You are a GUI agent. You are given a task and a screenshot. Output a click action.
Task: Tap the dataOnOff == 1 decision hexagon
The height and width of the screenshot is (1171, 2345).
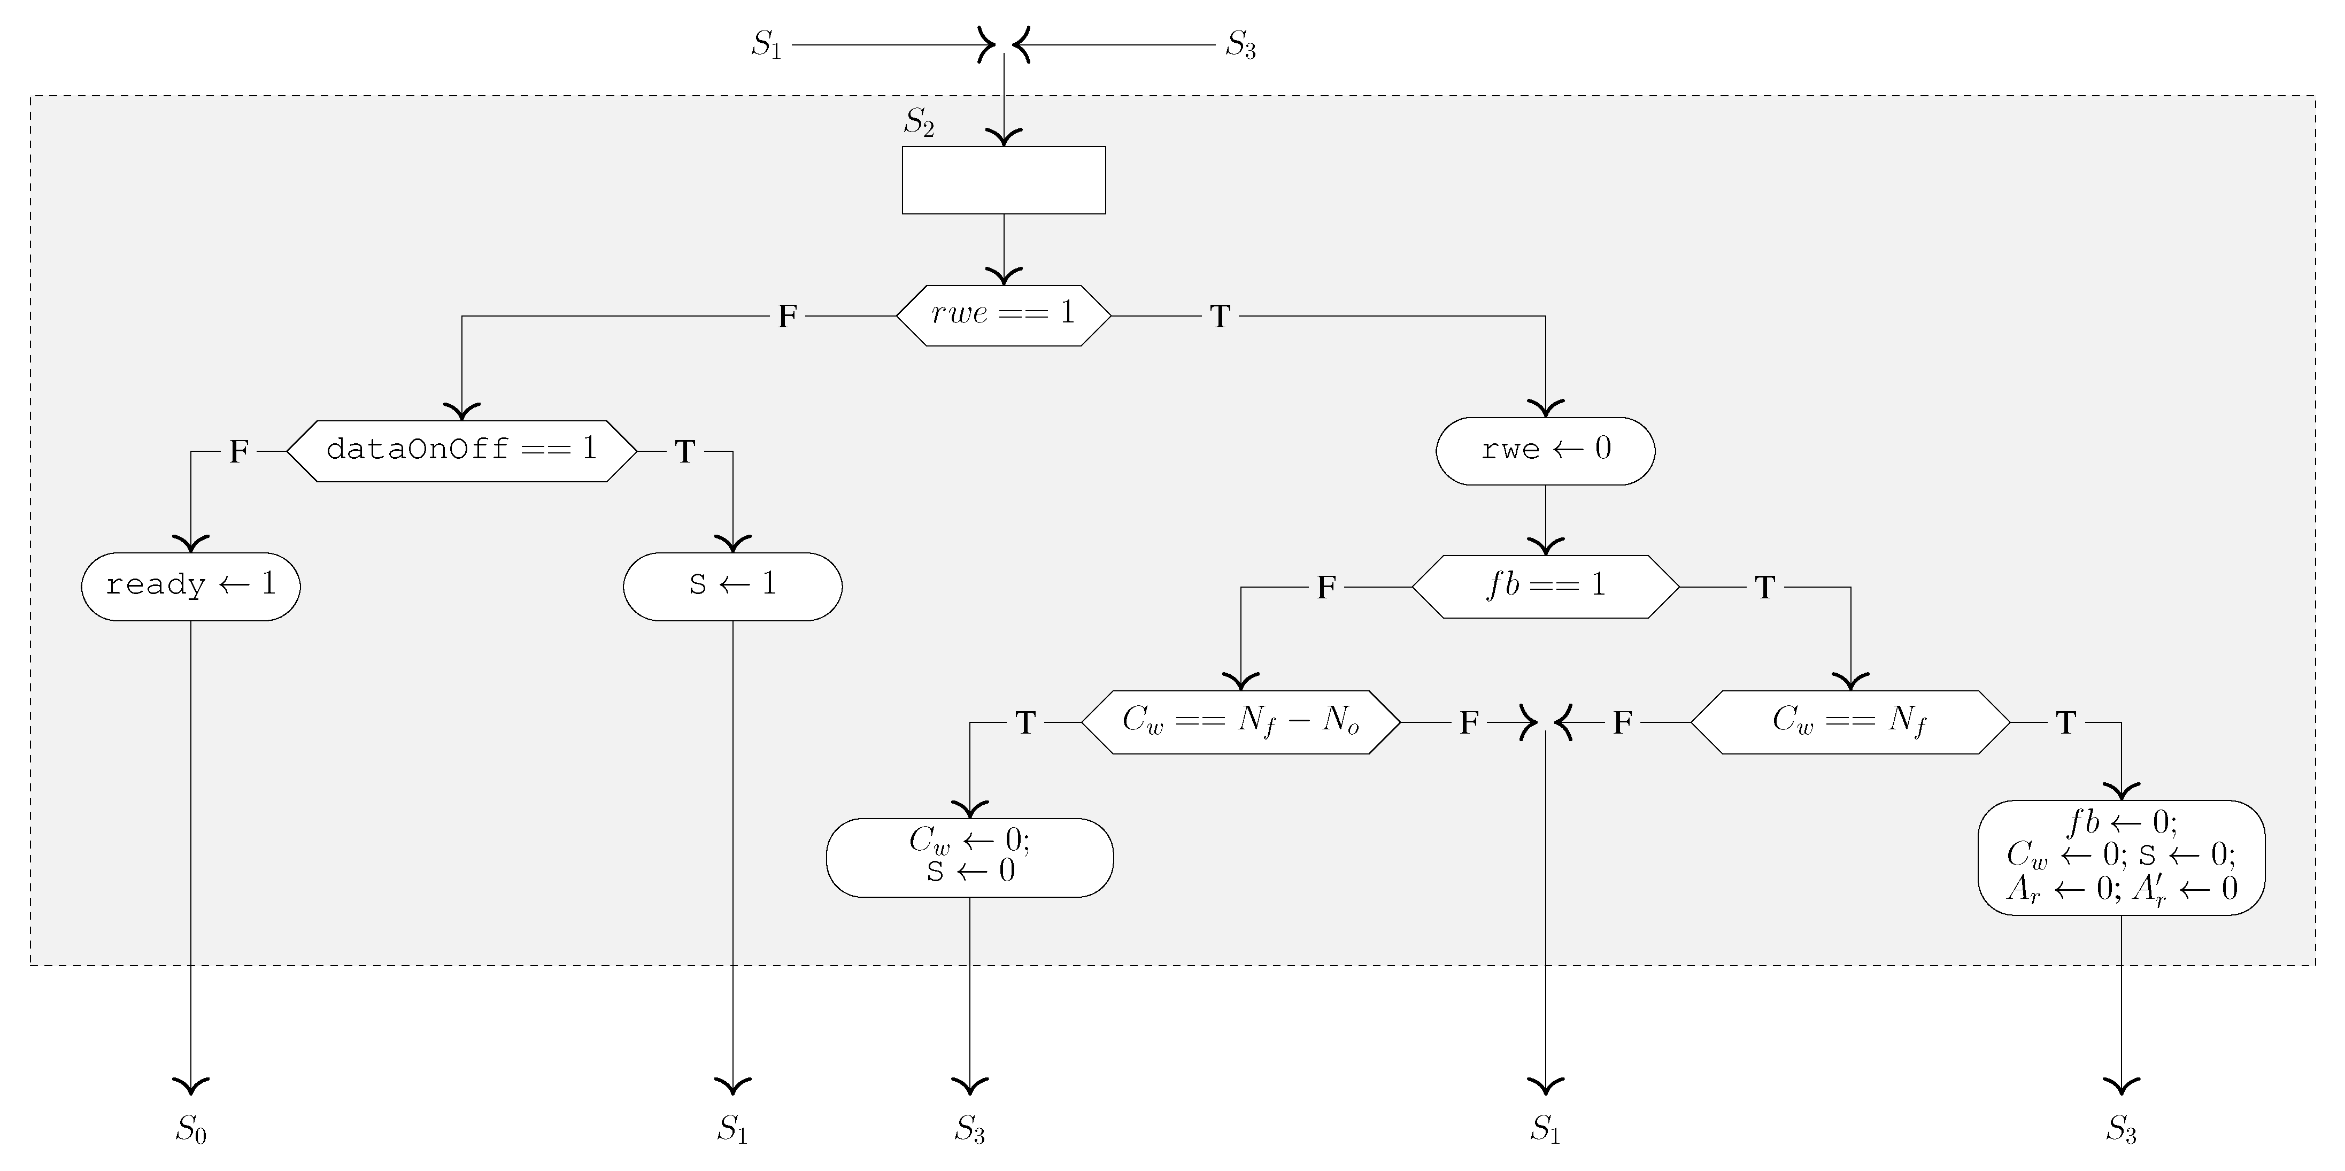coord(461,451)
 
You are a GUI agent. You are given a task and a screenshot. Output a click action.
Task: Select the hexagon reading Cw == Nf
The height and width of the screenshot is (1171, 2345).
coord(1850,722)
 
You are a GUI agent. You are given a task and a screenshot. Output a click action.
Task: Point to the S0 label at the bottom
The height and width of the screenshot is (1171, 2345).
coord(191,1129)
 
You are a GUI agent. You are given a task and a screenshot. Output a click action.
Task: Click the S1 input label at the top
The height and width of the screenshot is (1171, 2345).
coord(767,44)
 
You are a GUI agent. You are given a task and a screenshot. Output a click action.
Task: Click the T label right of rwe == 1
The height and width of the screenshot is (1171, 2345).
coord(1220,317)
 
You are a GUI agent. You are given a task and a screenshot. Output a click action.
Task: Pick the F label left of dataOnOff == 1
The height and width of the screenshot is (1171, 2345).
coord(238,452)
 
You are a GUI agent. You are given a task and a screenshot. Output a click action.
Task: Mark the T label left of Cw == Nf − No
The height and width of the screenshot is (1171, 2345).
coord(1026,723)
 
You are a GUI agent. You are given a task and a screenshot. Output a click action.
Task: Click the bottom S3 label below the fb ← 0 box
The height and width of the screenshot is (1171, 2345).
coord(2121,1129)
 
